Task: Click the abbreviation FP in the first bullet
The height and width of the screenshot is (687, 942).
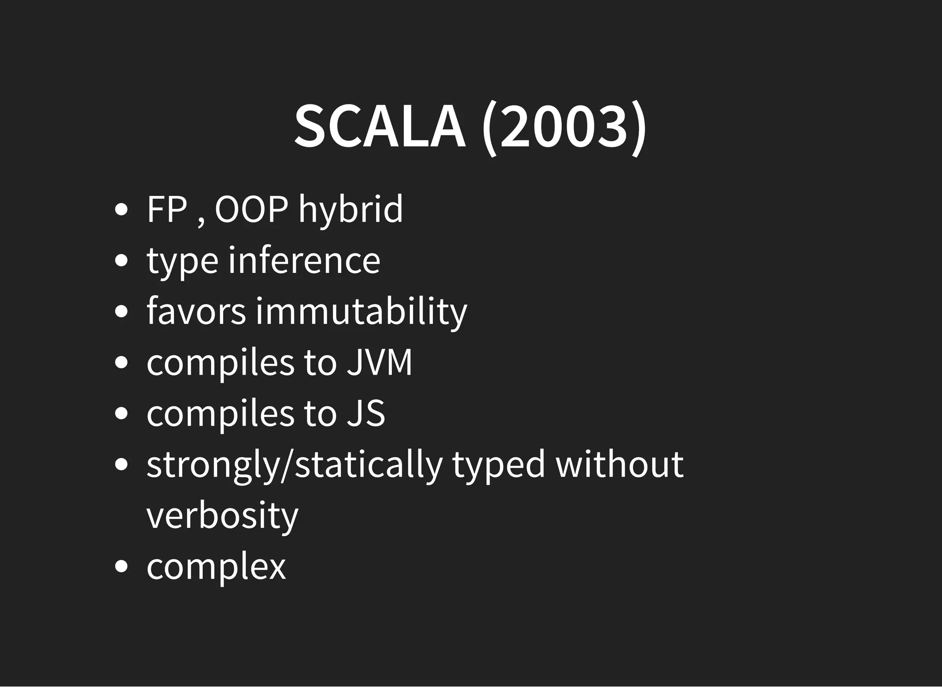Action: point(167,209)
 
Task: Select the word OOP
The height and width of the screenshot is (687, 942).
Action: point(252,209)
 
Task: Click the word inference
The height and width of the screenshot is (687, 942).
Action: point(304,260)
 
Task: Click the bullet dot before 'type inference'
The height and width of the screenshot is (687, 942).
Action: point(121,260)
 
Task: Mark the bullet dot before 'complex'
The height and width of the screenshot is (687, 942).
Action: point(121,567)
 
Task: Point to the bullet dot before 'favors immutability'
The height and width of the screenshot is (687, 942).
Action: point(121,312)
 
